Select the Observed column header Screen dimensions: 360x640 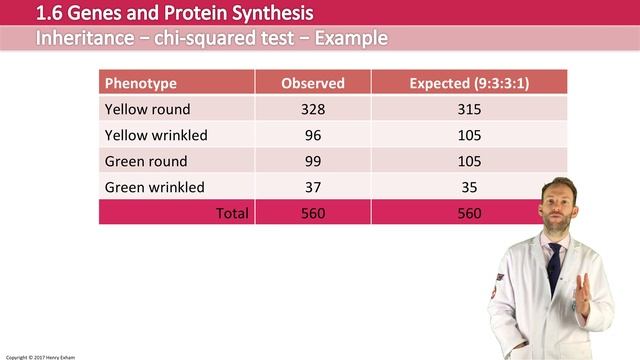pyautogui.click(x=313, y=83)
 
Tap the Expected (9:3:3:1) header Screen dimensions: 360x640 pyautogui.click(x=469, y=83)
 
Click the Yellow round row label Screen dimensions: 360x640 pyautogui.click(x=147, y=109)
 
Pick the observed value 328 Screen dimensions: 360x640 pyautogui.click(x=313, y=109)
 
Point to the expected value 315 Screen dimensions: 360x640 pyautogui.click(x=469, y=109)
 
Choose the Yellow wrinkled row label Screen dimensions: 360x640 pyautogui.click(x=155, y=135)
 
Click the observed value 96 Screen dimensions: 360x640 pyautogui.click(x=313, y=135)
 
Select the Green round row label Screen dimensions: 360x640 pyautogui.click(x=146, y=161)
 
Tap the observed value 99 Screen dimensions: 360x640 pyautogui.click(x=313, y=161)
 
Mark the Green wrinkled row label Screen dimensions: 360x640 pyautogui.click(x=154, y=187)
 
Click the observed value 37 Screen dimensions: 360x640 pyautogui.click(x=313, y=187)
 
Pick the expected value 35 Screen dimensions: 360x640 pyautogui.click(x=469, y=187)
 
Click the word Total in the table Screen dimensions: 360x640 pyautogui.click(x=232, y=213)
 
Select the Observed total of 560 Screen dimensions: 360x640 pyautogui.click(x=313, y=213)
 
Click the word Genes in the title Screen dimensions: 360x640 pyautogui.click(x=94, y=14)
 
